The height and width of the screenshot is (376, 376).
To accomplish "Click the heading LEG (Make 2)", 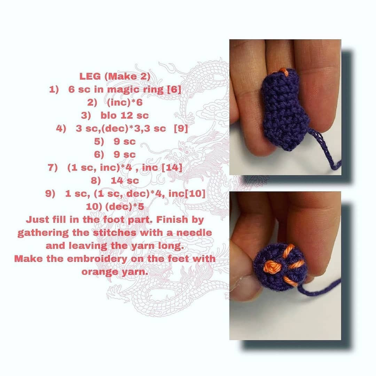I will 115,76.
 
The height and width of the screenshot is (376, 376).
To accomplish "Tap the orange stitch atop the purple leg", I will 284,72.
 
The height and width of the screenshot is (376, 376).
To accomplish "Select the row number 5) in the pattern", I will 99,141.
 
